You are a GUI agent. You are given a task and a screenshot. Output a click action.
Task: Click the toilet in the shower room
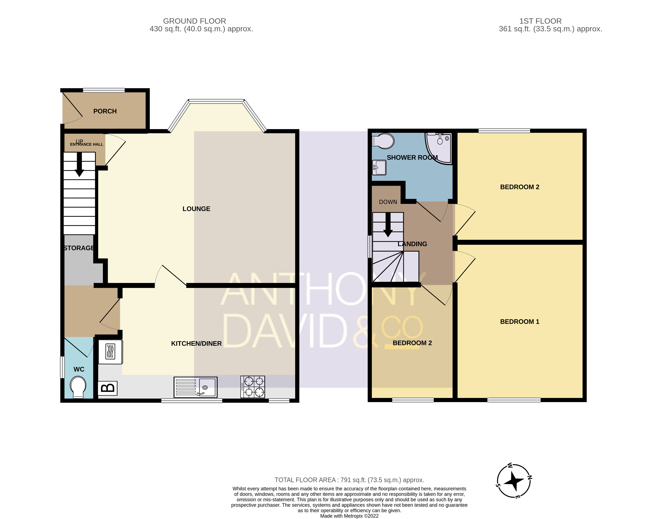[383, 141]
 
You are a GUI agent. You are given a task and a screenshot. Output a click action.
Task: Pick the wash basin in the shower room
[379, 168]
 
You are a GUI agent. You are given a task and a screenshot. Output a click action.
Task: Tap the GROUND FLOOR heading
[195, 21]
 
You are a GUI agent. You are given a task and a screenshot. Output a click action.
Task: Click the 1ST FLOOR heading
[540, 21]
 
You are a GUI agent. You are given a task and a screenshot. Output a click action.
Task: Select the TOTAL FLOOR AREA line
[349, 480]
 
